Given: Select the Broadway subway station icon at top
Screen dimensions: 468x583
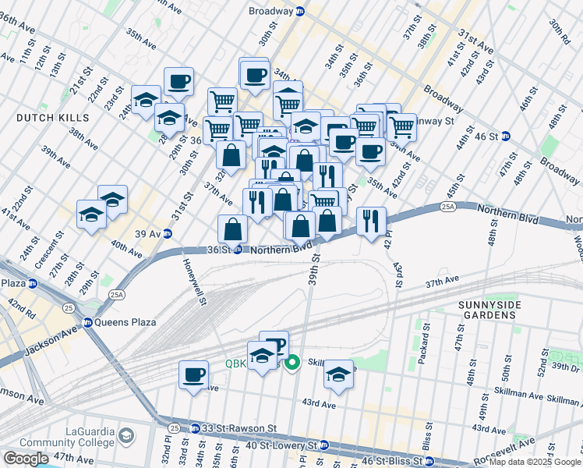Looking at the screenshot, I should click(x=300, y=12).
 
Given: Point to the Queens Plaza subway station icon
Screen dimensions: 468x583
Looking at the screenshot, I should click(x=88, y=322).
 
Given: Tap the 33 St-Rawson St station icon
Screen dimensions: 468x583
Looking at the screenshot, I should click(x=174, y=428).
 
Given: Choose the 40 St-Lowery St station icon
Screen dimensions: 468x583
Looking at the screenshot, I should click(x=323, y=445).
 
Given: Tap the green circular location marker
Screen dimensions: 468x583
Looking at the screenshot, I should click(x=293, y=363).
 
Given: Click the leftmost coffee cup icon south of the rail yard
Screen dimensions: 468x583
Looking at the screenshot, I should click(x=193, y=374).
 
